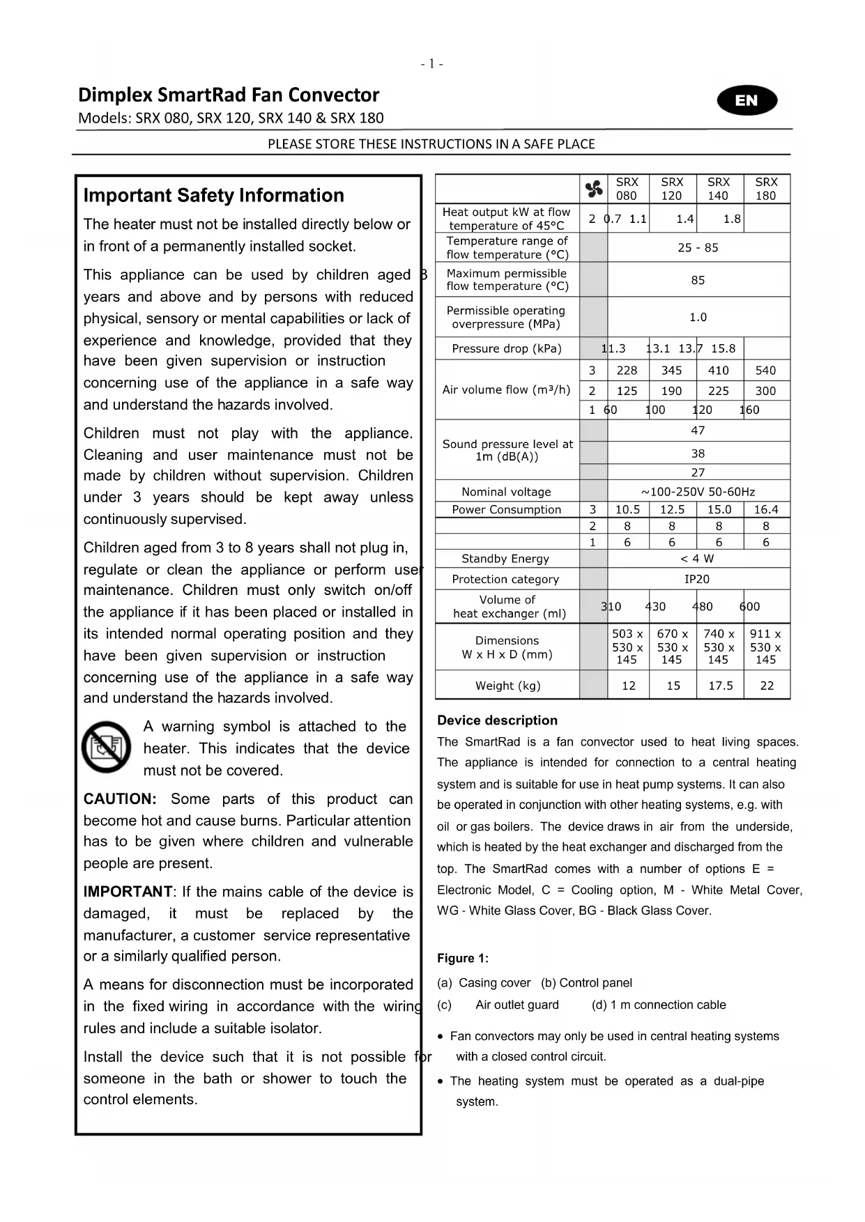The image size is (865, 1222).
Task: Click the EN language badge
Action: point(747,100)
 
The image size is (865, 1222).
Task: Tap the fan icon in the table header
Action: point(594,189)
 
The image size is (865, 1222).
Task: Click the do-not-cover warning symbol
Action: point(106,747)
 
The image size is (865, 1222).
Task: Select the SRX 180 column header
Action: point(766,189)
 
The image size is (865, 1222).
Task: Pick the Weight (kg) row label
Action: point(507,686)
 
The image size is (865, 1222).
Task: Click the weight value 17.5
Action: point(720,686)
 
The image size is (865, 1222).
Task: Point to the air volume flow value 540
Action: point(765,371)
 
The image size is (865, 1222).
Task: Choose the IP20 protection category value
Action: point(697,579)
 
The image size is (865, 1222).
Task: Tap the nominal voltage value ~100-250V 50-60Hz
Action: point(698,492)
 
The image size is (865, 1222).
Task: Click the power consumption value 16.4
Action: point(766,509)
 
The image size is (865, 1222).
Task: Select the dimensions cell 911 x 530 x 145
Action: point(765,647)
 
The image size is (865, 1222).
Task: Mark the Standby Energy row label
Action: point(505,559)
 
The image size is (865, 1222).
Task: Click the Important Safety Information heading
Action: point(213,196)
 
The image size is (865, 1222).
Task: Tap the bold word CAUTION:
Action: point(120,799)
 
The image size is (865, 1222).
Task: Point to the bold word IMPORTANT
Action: point(128,892)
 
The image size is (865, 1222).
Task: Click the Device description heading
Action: point(497,720)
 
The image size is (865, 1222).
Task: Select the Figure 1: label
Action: point(463,959)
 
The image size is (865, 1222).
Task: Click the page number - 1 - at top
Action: point(432,64)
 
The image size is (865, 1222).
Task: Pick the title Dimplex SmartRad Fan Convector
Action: point(229,95)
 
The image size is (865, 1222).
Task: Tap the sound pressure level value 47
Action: point(698,431)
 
